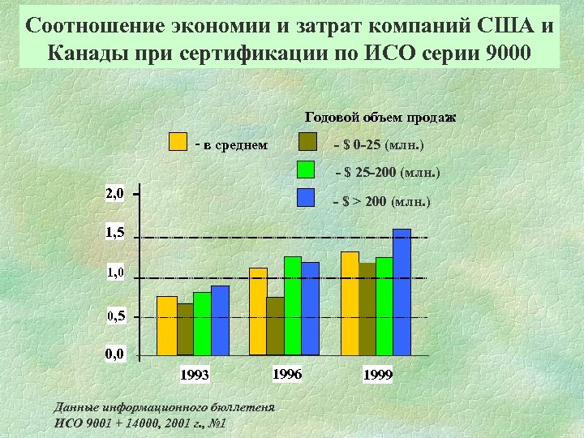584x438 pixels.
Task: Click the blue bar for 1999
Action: [401, 292]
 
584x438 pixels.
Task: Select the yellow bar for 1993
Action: [166, 325]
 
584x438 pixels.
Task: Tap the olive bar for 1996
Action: [275, 326]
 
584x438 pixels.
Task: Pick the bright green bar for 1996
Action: [293, 306]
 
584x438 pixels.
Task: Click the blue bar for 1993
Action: [220, 320]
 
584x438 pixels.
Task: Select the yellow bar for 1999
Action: [350, 303]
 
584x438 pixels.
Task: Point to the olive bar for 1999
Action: [367, 309]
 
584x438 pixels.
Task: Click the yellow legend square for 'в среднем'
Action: [178, 143]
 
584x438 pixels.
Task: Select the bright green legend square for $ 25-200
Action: [306, 170]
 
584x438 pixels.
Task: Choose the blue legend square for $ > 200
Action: [306, 198]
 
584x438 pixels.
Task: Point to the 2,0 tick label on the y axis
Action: [114, 194]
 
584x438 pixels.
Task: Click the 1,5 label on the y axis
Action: [114, 234]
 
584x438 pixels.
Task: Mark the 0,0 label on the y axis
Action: [114, 354]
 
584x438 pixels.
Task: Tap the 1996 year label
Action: [287, 374]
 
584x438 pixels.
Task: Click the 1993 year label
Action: [195, 375]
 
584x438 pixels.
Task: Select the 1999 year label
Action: [378, 375]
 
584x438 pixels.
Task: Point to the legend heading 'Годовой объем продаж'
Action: [380, 118]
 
